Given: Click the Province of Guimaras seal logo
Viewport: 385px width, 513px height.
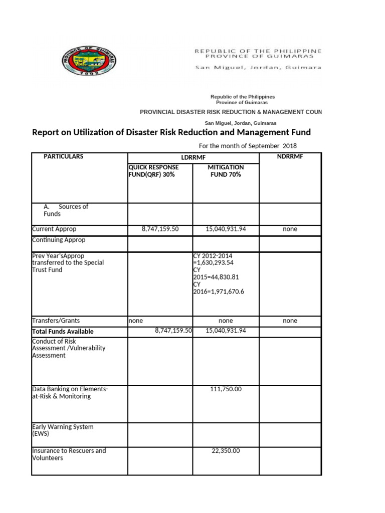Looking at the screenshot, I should pos(90,61).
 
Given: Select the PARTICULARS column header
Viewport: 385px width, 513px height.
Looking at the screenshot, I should pos(64,157).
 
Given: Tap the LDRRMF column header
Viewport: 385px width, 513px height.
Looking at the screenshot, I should pos(193,158).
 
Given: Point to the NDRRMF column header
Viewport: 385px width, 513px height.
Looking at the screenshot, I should pos(290,157).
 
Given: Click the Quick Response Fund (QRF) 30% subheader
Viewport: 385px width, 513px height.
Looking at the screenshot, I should pos(153,171).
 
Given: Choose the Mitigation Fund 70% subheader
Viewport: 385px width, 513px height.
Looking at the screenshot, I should pos(226,171).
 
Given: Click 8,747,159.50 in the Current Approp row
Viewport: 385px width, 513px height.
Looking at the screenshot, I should pos(160,229).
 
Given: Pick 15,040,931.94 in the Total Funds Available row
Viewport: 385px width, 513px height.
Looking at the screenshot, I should pos(226,331).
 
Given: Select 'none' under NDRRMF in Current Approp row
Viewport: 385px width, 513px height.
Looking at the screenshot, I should pos(290,229).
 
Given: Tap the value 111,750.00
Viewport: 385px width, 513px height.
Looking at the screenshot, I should pos(226,389).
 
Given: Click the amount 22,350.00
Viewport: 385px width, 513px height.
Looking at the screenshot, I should pos(226,451).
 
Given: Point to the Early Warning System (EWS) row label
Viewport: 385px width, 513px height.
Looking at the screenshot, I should pos(63,430).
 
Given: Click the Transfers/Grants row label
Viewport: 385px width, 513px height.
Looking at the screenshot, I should pos(56,321).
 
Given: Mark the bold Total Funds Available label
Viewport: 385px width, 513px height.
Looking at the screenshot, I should pos(63,332).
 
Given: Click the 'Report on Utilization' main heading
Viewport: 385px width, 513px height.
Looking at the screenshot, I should pos(171,133).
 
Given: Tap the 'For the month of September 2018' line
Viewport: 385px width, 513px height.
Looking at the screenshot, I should pos(248,146).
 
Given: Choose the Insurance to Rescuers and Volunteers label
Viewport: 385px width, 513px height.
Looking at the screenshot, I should pos(69,454).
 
